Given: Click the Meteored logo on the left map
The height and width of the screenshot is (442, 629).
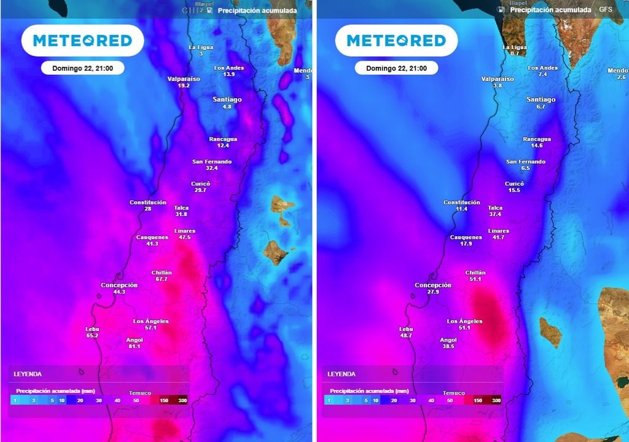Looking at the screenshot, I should pos(82,41).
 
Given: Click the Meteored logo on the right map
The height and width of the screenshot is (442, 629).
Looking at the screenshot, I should pos(396,41).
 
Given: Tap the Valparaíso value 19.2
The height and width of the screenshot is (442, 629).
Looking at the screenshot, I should pos(184,86).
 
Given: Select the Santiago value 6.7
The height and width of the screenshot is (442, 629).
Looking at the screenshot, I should pos(541,107).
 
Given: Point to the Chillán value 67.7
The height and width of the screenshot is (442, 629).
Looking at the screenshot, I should pos(162,279).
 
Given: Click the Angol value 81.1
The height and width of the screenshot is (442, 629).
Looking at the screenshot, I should pos(134,346).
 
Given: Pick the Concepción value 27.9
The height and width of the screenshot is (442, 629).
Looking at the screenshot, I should pos(433,292).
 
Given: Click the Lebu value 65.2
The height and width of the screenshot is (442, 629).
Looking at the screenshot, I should pos(92,336).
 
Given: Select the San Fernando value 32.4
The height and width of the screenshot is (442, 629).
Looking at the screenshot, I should pos(212,168).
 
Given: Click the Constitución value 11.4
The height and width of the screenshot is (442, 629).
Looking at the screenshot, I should pos(462,209).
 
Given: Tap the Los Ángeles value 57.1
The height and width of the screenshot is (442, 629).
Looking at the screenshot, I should pos(150,328).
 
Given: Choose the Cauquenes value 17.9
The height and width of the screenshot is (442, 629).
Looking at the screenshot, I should pos(466,244).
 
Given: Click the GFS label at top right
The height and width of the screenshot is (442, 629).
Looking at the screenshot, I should pos(606,10).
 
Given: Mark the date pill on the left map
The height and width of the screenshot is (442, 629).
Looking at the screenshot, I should pos(83,68).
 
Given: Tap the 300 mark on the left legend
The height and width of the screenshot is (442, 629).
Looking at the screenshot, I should pos(182,400).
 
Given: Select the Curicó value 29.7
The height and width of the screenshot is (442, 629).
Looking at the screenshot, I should pos(200,190).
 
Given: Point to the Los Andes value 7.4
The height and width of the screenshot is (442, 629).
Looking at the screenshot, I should pos(542,74).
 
